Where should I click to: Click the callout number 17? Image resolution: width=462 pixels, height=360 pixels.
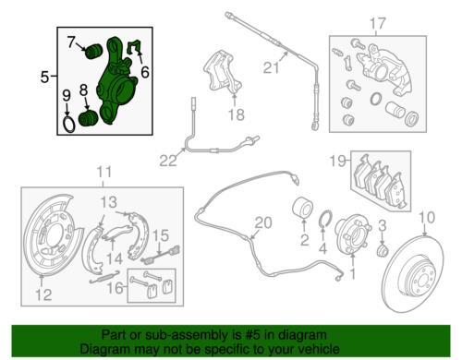click(377, 23)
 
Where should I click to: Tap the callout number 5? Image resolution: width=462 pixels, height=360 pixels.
click(44, 77)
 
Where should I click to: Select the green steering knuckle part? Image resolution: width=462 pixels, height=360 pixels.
click(115, 81)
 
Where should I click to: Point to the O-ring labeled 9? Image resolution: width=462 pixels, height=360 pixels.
click(69, 125)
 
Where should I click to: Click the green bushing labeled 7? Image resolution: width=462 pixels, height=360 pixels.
click(93, 52)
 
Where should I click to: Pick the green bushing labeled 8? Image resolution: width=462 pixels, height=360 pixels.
click(89, 119)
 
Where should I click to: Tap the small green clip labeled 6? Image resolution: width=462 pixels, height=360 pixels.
click(135, 47)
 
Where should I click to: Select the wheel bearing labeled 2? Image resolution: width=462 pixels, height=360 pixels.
click(302, 208)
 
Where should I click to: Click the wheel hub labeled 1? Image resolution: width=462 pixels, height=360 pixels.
click(353, 234)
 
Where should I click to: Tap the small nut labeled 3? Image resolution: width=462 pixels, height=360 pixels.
click(383, 251)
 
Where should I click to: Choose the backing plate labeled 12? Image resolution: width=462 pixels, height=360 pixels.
click(53, 234)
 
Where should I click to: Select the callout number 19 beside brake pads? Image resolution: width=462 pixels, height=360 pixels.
click(338, 161)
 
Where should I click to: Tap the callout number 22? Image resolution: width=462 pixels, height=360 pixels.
click(168, 161)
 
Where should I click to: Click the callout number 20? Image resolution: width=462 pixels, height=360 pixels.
click(263, 222)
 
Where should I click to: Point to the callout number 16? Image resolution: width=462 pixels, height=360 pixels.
click(115, 288)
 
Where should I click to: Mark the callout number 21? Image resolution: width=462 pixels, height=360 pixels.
click(271, 67)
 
